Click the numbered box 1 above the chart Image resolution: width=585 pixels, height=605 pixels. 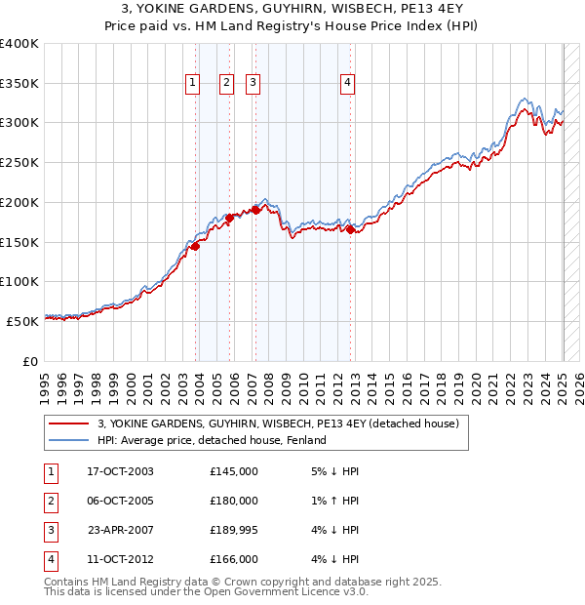coord(192,84)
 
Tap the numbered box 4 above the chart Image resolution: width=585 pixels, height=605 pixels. coord(348,84)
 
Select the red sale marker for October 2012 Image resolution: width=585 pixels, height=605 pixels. coord(351,229)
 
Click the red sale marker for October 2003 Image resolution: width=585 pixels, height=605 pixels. coord(195,246)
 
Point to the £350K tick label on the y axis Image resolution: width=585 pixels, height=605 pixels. coord(19,83)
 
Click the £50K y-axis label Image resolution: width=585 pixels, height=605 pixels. coord(23,321)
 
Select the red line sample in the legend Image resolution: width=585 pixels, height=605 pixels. coord(68,424)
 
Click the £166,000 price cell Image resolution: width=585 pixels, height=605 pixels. coord(234,559)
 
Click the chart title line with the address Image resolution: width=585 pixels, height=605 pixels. coord(292,11)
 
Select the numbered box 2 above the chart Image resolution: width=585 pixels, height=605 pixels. coord(226,84)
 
